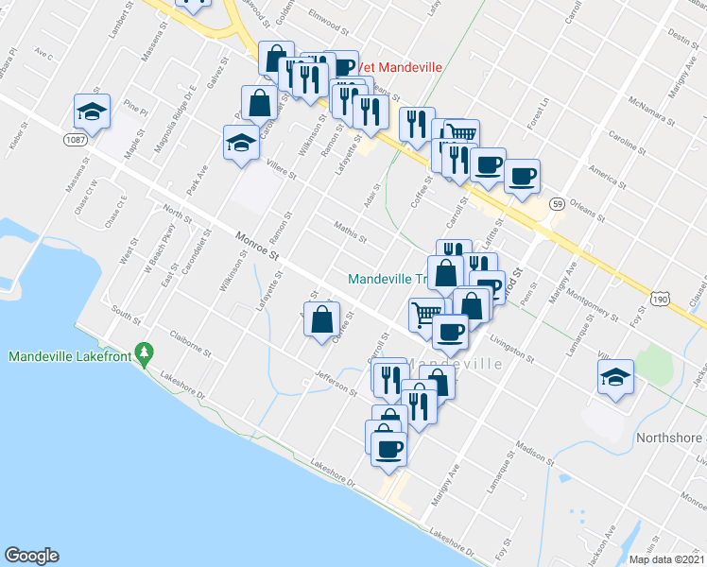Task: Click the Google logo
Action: coord(31,555)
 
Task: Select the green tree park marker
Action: coord(144,353)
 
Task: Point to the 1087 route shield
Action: coord(76,139)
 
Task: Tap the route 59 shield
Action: coord(559,203)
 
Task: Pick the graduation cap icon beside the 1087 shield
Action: coord(93,112)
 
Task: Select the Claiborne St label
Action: coord(185,342)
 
